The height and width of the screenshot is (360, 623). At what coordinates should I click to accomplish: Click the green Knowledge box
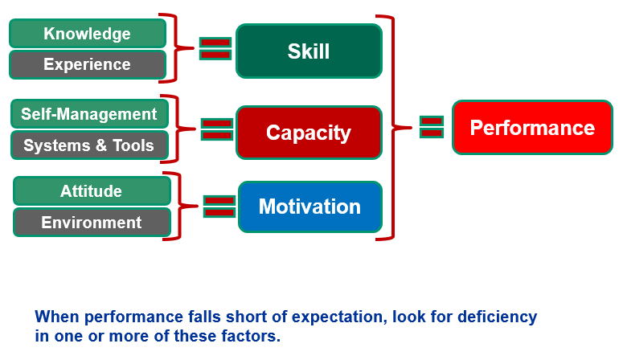point(87,34)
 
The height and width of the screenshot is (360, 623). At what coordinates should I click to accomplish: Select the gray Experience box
point(87,64)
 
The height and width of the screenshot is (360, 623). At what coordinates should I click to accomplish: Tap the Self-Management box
point(89,114)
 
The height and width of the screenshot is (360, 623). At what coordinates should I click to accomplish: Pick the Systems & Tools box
point(89,145)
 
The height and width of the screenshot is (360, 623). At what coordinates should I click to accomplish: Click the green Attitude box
point(92,191)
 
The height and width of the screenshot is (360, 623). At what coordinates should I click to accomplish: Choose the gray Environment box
point(92,223)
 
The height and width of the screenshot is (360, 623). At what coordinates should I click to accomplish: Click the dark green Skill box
point(309,51)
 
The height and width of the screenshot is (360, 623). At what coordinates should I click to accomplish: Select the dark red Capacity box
point(309,133)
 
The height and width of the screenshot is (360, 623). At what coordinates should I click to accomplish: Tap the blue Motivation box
point(309,207)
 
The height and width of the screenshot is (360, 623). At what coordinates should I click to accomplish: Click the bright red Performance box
point(532,128)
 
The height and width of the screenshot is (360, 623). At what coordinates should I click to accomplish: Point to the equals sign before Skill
point(215,48)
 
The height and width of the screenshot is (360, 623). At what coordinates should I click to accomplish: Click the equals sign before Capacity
point(216,129)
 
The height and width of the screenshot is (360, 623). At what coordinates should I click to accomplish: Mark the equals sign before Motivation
point(219,206)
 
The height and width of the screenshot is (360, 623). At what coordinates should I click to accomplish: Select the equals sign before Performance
point(432,127)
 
